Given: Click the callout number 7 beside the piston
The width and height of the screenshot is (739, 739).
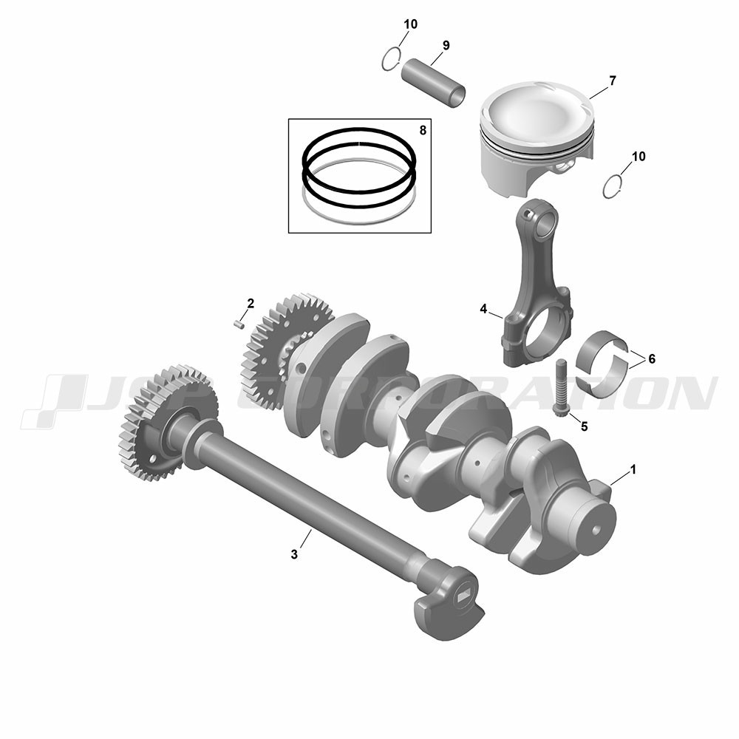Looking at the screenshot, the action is tap(612, 81).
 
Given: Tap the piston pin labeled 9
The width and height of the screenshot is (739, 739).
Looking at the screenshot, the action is tap(433, 83).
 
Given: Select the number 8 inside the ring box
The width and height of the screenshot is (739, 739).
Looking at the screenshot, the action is tap(422, 130).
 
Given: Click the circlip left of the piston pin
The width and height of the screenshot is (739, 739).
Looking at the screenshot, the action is tap(391, 59).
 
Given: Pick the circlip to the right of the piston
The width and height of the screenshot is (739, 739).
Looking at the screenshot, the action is tap(613, 186).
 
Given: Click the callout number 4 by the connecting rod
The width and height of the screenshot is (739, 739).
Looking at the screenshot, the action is tap(483, 309).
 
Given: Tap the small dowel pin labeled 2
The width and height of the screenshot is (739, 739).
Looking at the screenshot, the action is tap(238, 324).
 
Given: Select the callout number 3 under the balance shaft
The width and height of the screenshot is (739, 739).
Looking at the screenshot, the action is tap(294, 554).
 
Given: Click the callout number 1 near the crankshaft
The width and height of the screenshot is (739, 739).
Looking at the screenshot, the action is tap(633, 469).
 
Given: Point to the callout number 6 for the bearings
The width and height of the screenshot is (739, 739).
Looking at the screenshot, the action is tap(652, 359).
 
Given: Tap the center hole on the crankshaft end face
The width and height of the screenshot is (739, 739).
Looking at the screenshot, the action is tap(596, 529).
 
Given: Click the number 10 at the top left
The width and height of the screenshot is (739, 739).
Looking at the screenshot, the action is tap(410, 24).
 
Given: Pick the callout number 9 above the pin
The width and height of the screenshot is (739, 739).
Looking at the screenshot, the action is tap(446, 45).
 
